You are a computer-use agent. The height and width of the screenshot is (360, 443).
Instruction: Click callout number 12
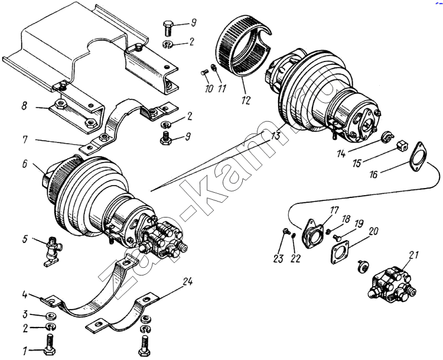click(245, 101)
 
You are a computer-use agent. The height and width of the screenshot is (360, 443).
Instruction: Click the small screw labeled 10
click(205, 74)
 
